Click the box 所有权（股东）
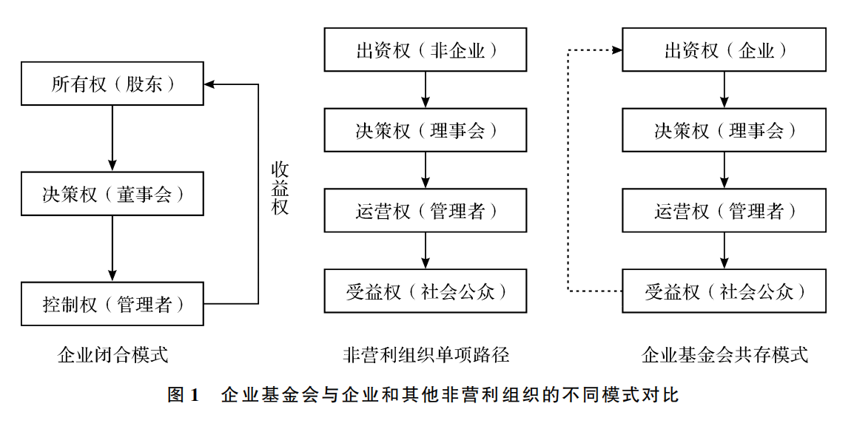tap(112, 84)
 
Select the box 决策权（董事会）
tap(112, 194)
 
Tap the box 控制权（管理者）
tap(112, 303)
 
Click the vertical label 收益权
tap(279, 188)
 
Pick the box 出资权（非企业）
tap(426, 50)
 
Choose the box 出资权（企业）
tap(724, 50)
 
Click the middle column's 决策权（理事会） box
tap(426, 130)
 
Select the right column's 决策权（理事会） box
tap(724, 130)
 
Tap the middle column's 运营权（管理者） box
tap(426, 211)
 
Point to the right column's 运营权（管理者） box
tap(724, 211)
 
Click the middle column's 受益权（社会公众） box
tap(426, 291)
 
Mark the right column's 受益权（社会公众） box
tap(724, 291)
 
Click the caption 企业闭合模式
tap(112, 355)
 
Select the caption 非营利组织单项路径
tap(426, 355)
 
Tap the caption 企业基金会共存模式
tap(724, 355)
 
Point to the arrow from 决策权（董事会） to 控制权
tap(112, 249)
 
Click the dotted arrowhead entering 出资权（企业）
tap(616, 50)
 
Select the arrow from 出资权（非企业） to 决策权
tap(426, 90)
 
